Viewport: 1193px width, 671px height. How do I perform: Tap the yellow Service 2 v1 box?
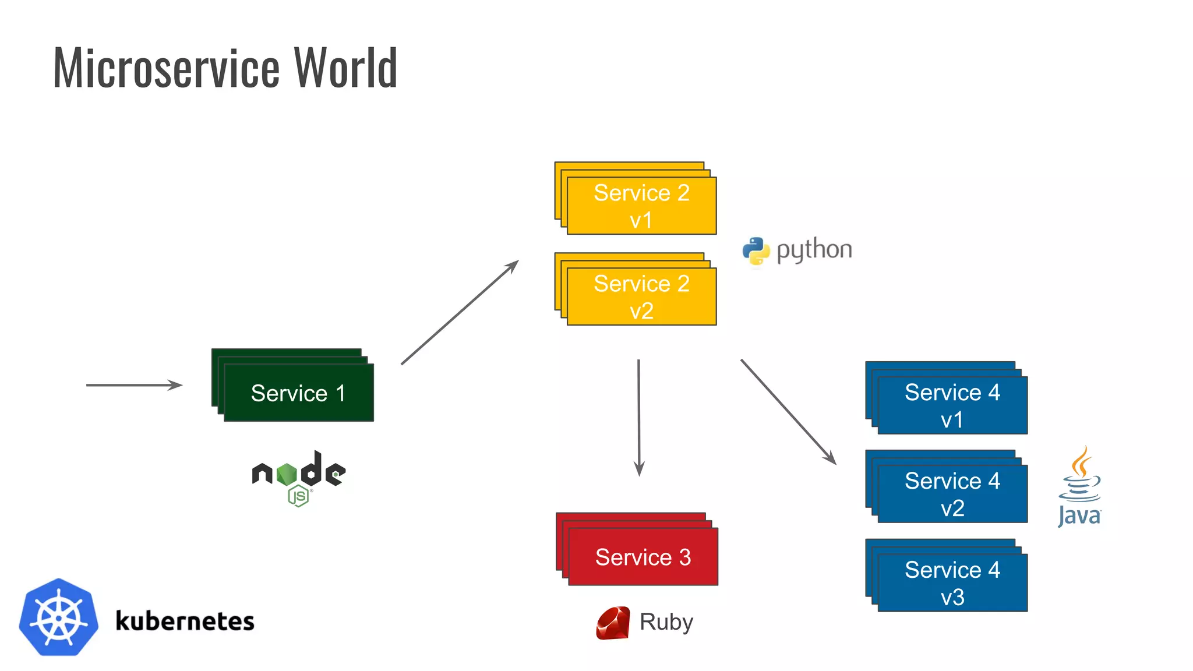pos(641,206)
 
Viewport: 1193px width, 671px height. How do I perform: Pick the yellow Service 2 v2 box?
pos(641,296)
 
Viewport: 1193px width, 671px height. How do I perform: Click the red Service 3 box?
pos(643,557)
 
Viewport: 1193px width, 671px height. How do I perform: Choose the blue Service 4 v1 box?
pos(952,405)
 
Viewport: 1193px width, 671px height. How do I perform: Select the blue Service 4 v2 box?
pos(952,494)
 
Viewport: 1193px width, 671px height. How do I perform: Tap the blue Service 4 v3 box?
pos(952,582)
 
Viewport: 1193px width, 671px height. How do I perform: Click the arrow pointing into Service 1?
pos(134,385)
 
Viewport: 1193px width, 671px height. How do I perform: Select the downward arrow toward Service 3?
pos(639,417)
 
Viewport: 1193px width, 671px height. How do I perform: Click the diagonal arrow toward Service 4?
pos(788,411)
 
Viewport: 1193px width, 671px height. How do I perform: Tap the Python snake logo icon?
pos(756,251)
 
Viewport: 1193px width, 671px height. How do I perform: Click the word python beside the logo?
pos(814,250)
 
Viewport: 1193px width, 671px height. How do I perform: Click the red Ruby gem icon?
pos(613,623)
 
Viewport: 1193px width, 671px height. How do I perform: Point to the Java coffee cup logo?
pos(1079,486)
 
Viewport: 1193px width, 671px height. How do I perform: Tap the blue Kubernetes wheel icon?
pos(58,617)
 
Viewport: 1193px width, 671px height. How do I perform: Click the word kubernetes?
pos(185,621)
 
